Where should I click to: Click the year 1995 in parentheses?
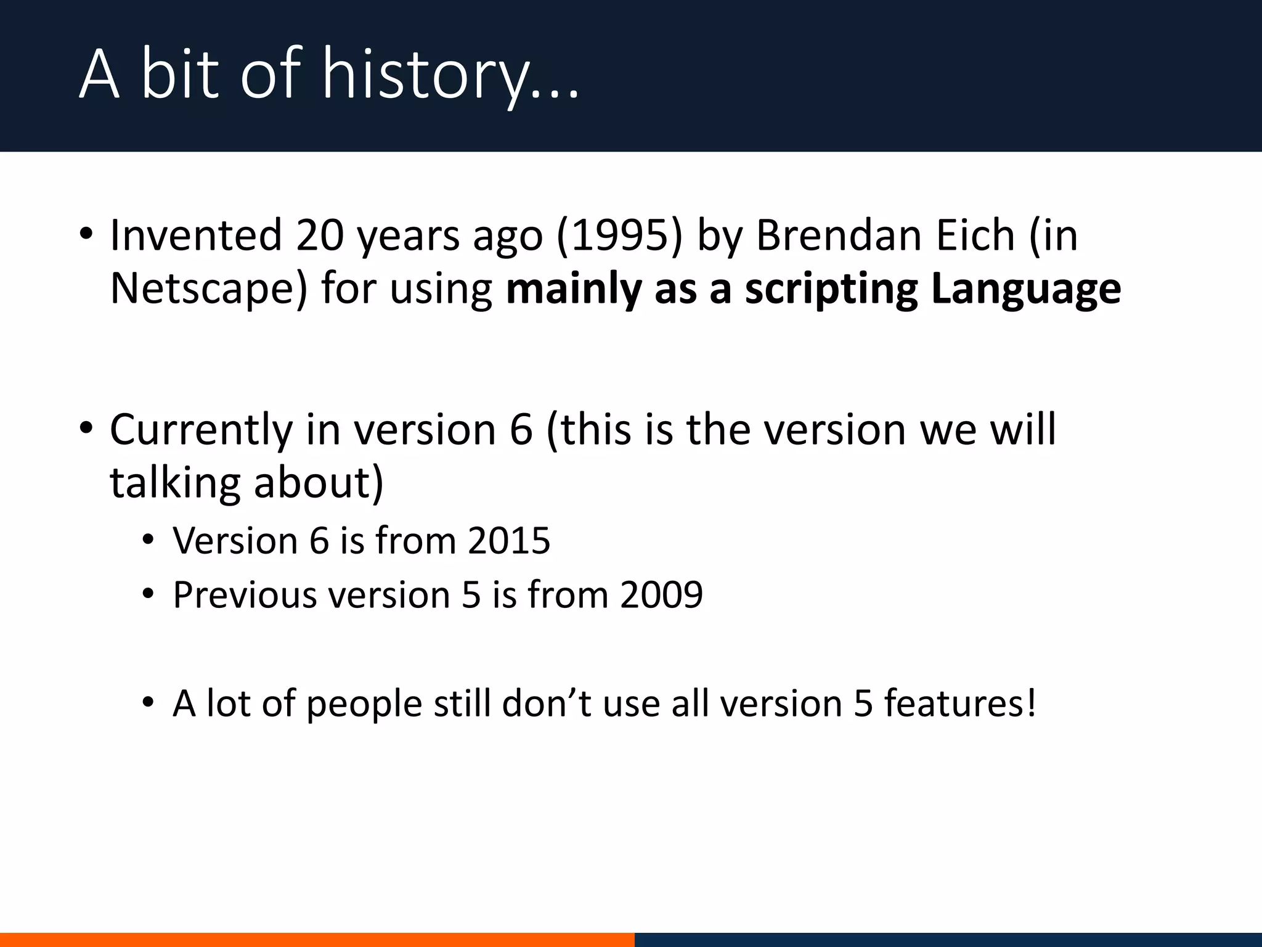(x=619, y=236)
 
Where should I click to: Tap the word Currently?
(x=201, y=430)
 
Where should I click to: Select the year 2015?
(x=508, y=541)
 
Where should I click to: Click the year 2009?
(x=661, y=595)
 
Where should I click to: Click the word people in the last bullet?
(x=364, y=703)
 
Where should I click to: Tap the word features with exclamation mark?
(x=960, y=703)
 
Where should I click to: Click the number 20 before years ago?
(x=319, y=236)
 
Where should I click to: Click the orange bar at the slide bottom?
(x=317, y=940)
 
